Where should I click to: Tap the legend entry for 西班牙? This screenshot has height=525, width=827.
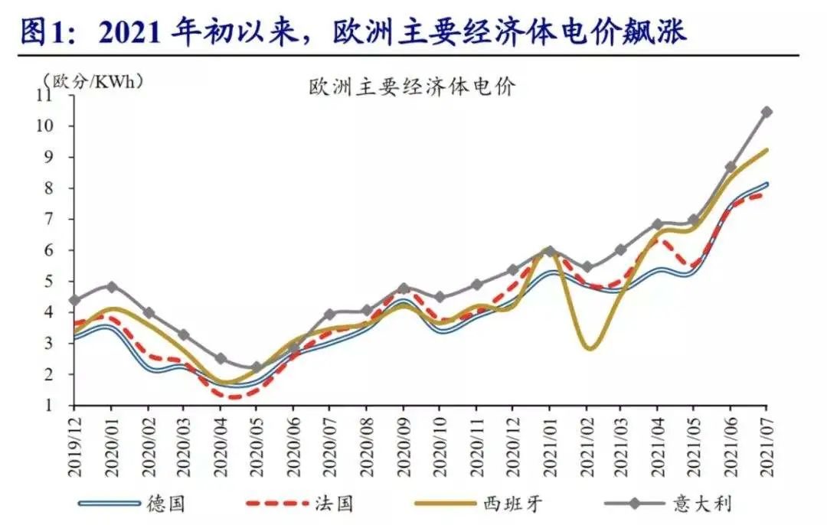[x=512, y=503]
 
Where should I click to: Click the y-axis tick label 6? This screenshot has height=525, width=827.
[x=64, y=250]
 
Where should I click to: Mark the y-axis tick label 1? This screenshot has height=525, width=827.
[x=64, y=406]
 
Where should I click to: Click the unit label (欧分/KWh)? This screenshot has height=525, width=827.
[x=93, y=79]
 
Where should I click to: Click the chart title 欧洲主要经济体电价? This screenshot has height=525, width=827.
[x=411, y=86]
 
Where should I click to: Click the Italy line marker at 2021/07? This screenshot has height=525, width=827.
[x=767, y=112]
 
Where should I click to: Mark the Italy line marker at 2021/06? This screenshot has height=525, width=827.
[x=731, y=166]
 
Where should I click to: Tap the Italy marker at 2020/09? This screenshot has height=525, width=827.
[x=404, y=289]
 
